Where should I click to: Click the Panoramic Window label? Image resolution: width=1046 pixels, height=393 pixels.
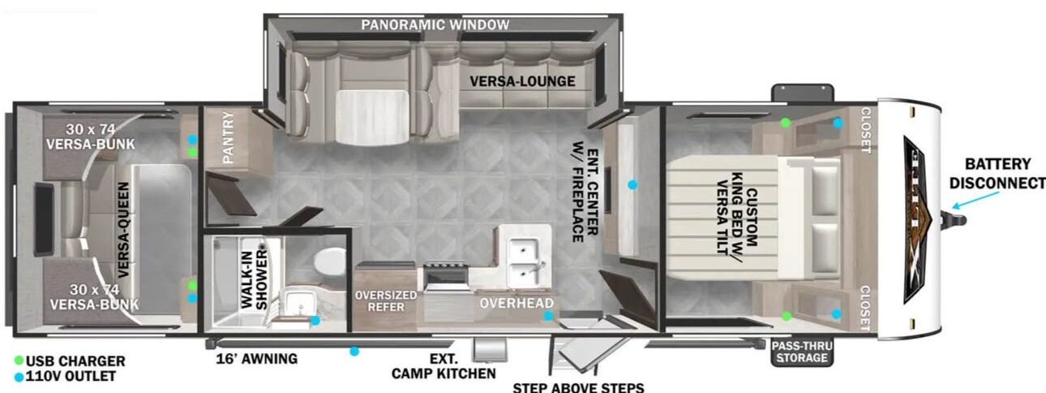435,25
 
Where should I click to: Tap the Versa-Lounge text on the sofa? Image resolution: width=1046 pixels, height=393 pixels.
522,81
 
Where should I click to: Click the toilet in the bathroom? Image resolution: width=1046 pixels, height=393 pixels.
328,263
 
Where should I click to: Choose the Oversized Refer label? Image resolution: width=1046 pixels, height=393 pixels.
386,300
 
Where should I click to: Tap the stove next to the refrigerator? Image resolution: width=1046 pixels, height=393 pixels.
444,276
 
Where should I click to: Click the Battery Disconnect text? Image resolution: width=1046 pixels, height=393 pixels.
997,174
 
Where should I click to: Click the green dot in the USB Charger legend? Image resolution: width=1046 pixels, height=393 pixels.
19,361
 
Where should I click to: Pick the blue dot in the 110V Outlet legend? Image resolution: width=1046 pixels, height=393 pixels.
19,376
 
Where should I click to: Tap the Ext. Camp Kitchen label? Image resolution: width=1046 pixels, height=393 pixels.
443,366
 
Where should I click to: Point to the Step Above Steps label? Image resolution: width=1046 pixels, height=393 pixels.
578,387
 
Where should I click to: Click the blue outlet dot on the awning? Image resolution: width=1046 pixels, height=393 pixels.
354,352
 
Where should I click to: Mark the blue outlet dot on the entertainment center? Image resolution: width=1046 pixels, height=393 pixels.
632,185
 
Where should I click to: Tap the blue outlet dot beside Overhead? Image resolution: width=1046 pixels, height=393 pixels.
548,316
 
